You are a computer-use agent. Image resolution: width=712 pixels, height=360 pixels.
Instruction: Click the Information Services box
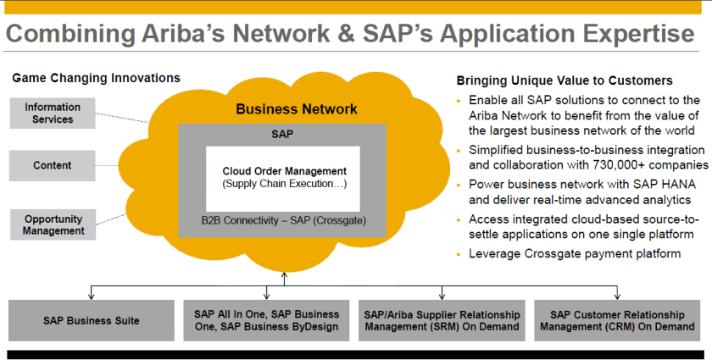tap(53, 114)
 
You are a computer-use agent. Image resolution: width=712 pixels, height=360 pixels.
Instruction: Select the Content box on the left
tap(53, 165)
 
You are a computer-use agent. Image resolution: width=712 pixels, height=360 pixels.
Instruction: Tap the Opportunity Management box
tap(53, 224)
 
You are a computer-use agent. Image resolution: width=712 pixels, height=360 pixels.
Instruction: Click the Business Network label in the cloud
tap(296, 108)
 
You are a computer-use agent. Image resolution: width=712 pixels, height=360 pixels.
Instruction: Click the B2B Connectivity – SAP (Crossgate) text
tap(284, 221)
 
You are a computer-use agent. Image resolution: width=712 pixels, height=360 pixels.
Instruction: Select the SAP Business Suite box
tap(92, 321)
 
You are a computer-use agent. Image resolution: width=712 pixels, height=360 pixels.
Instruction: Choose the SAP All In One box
tap(266, 321)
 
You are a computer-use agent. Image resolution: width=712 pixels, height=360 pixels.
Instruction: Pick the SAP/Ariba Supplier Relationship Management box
tap(442, 321)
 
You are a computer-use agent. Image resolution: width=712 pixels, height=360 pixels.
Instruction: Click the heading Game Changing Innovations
tap(96, 78)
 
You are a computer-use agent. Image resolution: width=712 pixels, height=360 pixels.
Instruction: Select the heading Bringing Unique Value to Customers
tap(565, 81)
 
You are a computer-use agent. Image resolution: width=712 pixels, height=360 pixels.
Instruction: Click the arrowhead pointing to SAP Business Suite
tap(92, 296)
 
